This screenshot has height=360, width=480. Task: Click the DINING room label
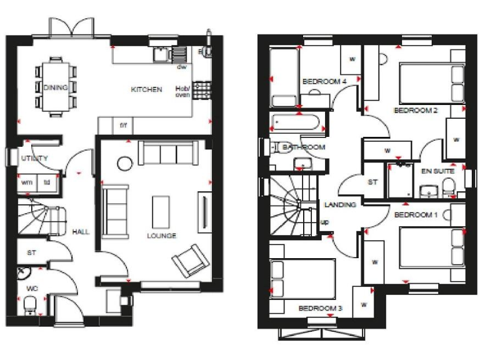click(x=55, y=87)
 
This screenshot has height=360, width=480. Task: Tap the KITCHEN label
click(x=146, y=90)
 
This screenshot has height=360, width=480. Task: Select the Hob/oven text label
click(x=182, y=91)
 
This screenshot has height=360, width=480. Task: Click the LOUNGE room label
click(x=161, y=236)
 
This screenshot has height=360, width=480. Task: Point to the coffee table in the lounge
click(x=161, y=211)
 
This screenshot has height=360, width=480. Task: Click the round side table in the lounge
click(x=124, y=164)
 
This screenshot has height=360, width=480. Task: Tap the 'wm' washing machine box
click(x=26, y=183)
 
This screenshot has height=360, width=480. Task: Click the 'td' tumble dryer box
click(x=46, y=183)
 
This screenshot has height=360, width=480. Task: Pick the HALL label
click(x=80, y=231)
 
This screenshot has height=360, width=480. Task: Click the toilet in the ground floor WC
click(x=29, y=307)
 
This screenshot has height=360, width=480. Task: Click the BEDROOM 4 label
click(x=324, y=81)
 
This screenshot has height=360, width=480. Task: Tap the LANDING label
click(x=340, y=205)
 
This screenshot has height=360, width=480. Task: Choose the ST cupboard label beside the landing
click(x=373, y=182)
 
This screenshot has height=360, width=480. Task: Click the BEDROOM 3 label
click(x=320, y=308)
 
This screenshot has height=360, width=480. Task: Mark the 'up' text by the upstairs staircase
click(x=325, y=221)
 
